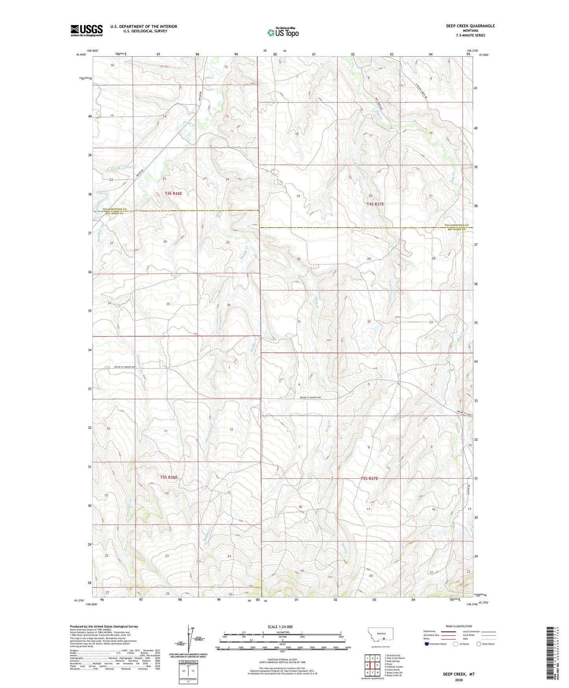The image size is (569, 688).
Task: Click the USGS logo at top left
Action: click(x=87, y=30)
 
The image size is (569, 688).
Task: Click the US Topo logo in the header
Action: click(x=282, y=32)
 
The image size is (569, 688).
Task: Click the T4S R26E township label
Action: click(x=173, y=193)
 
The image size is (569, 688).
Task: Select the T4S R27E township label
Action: click(x=375, y=204)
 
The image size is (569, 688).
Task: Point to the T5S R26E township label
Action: click(x=169, y=477)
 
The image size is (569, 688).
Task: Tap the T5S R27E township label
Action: click(x=369, y=478)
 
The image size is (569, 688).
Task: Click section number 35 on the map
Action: click(x=168, y=304)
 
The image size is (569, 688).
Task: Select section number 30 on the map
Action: click(x=298, y=259)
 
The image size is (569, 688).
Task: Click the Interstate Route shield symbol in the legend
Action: click(x=427, y=644)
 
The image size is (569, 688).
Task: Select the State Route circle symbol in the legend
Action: click(x=478, y=644)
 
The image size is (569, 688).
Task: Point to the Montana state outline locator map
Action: click(x=380, y=634)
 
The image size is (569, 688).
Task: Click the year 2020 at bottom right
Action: click(x=459, y=680)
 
